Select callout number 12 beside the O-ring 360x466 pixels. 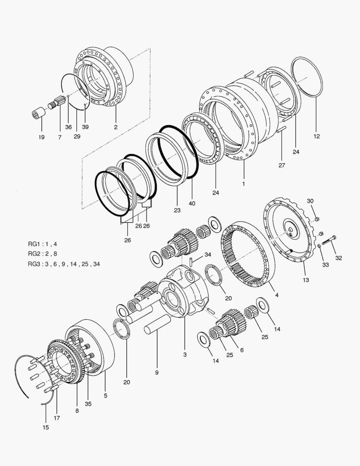pyautogui.click(x=316, y=136)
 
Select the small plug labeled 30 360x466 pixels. pyautogui.click(x=317, y=219)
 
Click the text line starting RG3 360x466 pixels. pyautogui.click(x=64, y=264)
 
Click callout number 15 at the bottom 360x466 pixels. pyautogui.click(x=46, y=428)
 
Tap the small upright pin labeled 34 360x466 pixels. pyautogui.click(x=190, y=262)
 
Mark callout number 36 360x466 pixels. pyautogui.click(x=69, y=127)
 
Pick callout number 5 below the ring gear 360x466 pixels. pyautogui.click(x=106, y=395)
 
